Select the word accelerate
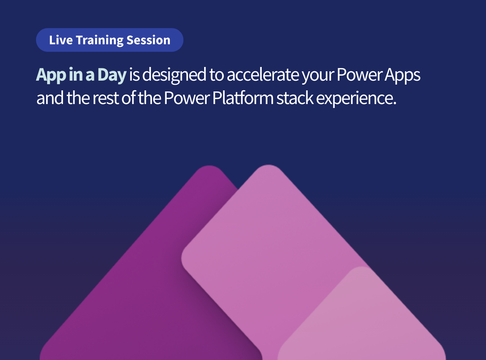263,75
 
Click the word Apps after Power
402,75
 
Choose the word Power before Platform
186,98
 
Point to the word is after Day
134,75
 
